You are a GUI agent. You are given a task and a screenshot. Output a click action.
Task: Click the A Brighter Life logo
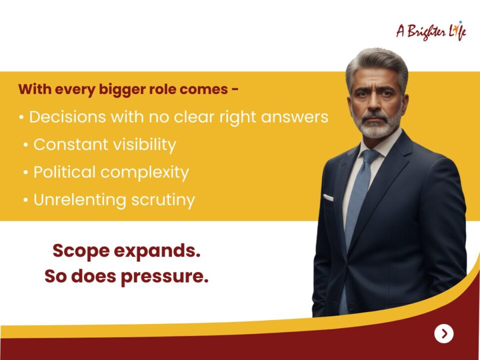coord(431,31)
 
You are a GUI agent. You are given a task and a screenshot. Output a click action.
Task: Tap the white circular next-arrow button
coord(444,333)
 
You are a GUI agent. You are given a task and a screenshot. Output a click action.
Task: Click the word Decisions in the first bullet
coord(67,116)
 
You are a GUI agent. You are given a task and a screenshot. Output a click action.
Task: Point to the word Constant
coord(70,144)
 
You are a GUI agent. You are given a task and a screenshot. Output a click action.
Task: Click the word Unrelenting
coord(79,199)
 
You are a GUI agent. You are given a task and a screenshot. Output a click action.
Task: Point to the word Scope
coord(81,251)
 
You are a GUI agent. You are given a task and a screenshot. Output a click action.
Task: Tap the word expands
coord(157,251)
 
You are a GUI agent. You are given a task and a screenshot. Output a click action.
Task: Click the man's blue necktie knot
coord(370,156)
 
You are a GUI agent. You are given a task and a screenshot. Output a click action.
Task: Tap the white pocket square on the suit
coord(328,198)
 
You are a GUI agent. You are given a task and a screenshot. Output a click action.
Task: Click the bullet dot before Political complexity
coord(25,172)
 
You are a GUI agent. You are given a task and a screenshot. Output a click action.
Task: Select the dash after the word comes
coord(235,89)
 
